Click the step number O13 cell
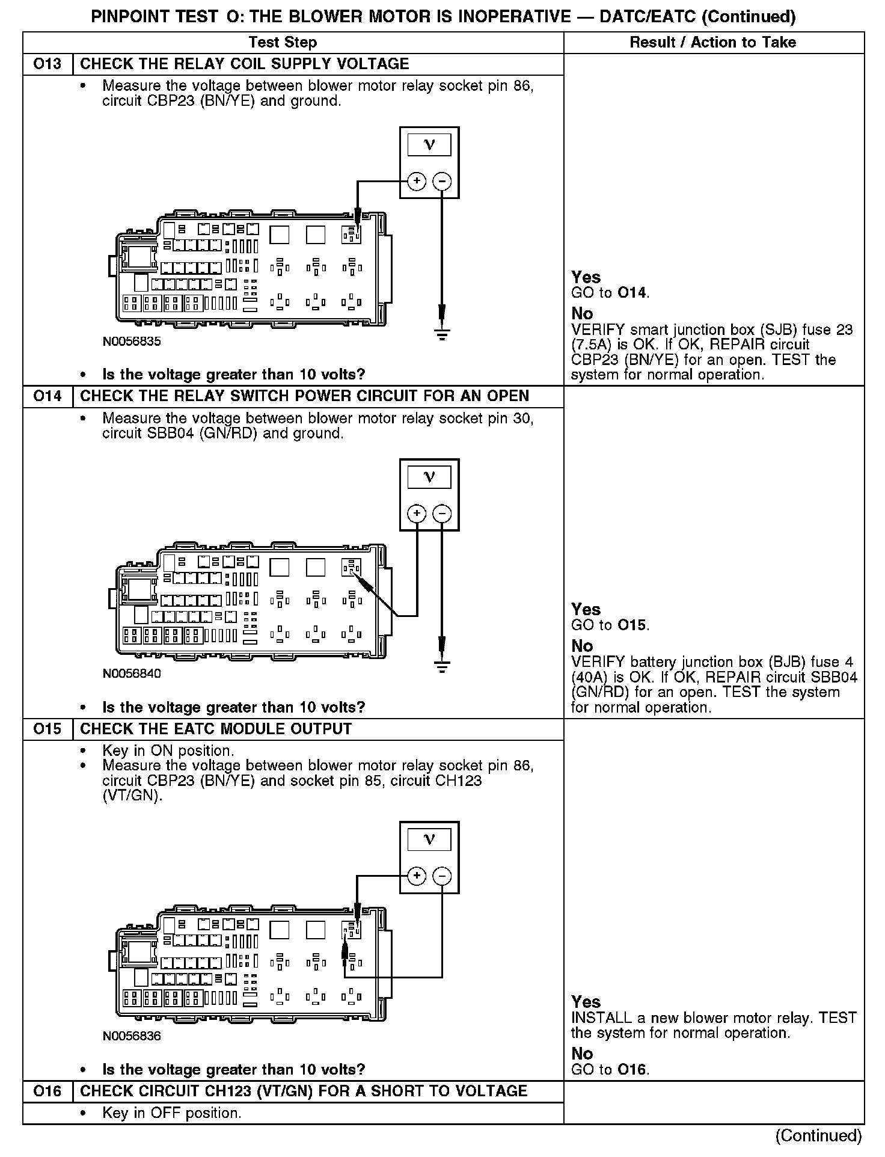point(47,64)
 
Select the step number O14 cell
point(47,396)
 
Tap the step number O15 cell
point(47,729)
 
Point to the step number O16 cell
point(47,1091)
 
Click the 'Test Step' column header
point(283,42)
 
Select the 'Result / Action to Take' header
point(712,42)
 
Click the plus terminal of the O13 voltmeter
point(417,181)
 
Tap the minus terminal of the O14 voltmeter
point(442,513)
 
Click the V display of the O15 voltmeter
point(429,839)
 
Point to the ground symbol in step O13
point(442,334)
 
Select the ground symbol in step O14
point(442,666)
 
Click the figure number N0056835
point(132,342)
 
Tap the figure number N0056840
point(132,674)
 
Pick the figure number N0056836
point(132,1036)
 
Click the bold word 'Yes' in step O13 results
point(586,277)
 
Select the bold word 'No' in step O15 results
point(582,1054)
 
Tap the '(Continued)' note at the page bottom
point(818,1135)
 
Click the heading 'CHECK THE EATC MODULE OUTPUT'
point(216,729)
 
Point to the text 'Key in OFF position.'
point(172,1113)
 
